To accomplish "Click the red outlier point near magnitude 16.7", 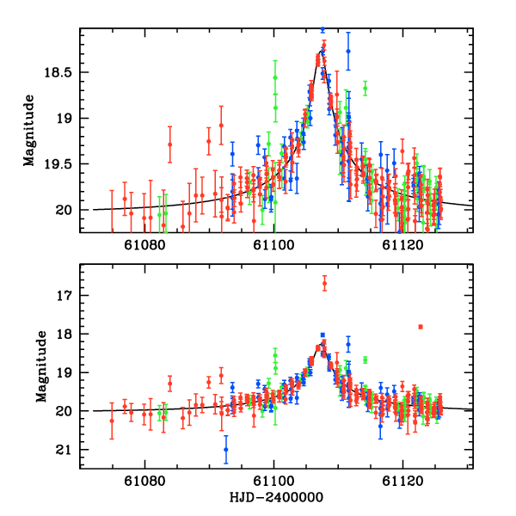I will pyautogui.click(x=324, y=284).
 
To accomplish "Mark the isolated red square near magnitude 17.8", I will pyautogui.click(x=421, y=327).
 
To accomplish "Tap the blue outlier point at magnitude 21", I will pyautogui.click(x=225, y=449).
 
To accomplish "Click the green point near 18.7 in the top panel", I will pyautogui.click(x=365, y=89).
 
